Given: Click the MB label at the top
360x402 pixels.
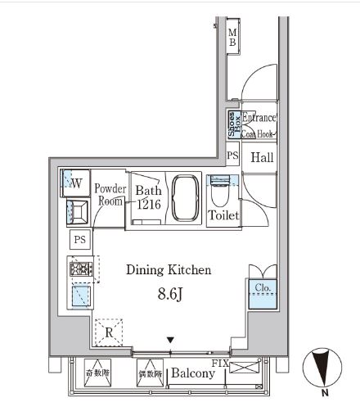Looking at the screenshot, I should pyautogui.click(x=232, y=37).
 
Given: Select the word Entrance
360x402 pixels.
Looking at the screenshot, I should pyautogui.click(x=259, y=118).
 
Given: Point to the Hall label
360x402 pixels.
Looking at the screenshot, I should pyautogui.click(x=262, y=157).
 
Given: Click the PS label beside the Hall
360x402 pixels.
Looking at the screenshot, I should pyautogui.click(x=232, y=155).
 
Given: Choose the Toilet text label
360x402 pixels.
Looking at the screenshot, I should pyautogui.click(x=223, y=216).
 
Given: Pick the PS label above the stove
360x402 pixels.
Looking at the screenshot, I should pyautogui.click(x=79, y=240).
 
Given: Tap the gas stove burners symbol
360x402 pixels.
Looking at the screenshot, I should pyautogui.click(x=81, y=268).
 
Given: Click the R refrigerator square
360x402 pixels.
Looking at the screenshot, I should pyautogui.click(x=109, y=332).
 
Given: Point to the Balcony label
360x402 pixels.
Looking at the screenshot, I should pyautogui.click(x=193, y=373).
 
